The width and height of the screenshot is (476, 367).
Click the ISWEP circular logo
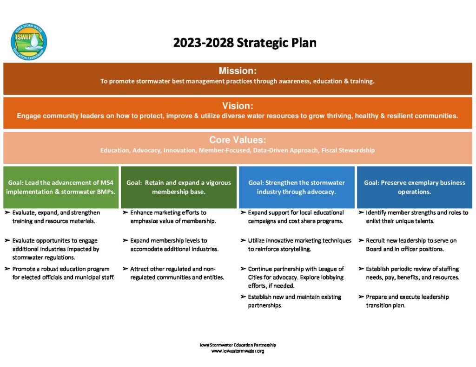29,41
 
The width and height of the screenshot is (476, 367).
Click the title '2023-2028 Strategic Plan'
245,43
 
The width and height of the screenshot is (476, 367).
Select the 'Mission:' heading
238,71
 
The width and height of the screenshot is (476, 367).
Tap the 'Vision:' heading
238,105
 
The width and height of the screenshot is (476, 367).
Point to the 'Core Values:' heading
238,140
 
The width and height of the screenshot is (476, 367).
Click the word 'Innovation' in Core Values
179,150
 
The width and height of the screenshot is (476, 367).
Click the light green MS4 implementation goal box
61,187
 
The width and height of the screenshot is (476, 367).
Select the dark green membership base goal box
178,187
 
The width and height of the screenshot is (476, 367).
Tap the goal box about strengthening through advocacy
297,187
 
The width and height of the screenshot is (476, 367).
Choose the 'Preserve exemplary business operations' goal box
414,187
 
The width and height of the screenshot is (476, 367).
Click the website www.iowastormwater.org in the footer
238,351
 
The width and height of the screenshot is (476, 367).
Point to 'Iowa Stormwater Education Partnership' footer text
238,345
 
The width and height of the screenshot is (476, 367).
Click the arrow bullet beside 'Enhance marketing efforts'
125,212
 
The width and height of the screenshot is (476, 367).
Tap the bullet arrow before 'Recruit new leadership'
361,240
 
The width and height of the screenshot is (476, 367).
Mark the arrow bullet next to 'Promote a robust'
7,269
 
